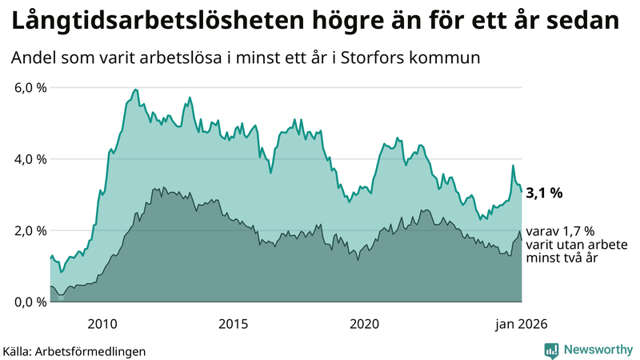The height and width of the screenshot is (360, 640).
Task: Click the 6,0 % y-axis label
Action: click(30, 87)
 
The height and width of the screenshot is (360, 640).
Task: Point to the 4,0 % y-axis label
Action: click(30, 158)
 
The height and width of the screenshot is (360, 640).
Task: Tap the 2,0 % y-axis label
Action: click(30, 230)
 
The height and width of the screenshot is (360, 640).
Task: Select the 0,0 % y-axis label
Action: click(30, 302)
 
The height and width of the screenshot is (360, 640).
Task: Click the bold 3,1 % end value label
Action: click(544, 193)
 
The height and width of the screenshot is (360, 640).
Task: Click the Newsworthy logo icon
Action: click(552, 350)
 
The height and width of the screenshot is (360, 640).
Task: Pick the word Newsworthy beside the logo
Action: click(596, 350)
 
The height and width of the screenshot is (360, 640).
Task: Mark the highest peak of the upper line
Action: click(135, 89)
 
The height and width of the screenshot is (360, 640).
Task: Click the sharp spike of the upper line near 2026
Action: click(513, 166)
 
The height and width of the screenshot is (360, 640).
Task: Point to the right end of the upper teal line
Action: click(522, 191)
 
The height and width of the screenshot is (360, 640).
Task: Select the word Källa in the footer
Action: click(20, 350)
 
